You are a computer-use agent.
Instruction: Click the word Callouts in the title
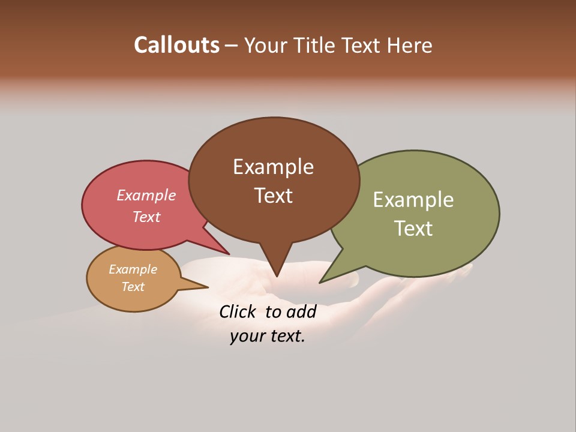[176, 45]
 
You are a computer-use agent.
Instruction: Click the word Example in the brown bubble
[273, 167]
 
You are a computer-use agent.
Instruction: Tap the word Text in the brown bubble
[273, 196]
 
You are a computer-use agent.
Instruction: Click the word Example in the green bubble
[413, 200]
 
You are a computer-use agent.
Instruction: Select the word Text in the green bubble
[413, 229]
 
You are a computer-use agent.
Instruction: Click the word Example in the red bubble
[146, 196]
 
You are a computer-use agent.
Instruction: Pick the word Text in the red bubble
[146, 217]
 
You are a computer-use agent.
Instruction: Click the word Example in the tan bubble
[133, 269]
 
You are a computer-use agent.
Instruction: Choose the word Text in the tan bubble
[133, 287]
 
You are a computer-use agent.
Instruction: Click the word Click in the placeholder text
[237, 312]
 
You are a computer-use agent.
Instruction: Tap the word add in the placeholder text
[301, 312]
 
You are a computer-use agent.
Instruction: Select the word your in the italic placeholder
[245, 337]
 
